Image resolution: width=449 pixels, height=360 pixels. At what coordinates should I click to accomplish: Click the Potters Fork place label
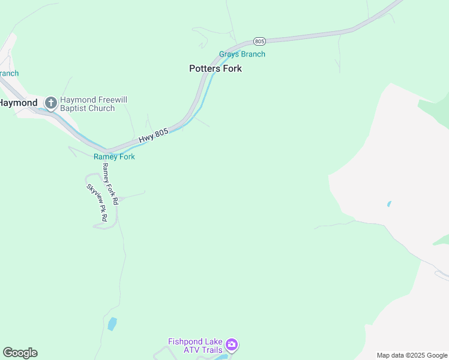click(215, 68)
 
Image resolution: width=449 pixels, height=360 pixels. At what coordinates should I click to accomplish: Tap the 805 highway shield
click(259, 41)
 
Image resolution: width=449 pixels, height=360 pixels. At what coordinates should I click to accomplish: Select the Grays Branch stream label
click(242, 54)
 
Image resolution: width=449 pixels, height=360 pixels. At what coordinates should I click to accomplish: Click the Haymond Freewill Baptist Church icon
click(51, 104)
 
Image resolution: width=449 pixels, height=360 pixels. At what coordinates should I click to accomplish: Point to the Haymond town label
click(18, 103)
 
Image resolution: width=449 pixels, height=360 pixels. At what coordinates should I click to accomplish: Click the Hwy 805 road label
click(153, 136)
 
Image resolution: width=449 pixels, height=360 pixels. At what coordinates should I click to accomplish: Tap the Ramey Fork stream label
click(114, 157)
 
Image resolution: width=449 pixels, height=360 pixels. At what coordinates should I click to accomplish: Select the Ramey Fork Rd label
click(110, 184)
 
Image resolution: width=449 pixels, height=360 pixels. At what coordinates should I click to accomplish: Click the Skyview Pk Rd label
click(97, 203)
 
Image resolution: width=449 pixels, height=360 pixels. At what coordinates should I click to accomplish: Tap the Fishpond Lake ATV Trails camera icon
click(232, 346)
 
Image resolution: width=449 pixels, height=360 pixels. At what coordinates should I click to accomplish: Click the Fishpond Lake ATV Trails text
click(195, 346)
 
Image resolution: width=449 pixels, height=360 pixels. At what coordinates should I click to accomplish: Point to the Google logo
click(20, 353)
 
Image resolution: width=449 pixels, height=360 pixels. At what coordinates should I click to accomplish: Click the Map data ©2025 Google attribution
click(412, 355)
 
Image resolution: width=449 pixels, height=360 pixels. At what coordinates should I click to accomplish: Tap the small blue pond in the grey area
click(390, 204)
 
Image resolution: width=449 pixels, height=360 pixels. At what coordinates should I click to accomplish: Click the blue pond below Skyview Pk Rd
click(112, 324)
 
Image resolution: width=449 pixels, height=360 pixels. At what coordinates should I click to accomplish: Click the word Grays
click(229, 54)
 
